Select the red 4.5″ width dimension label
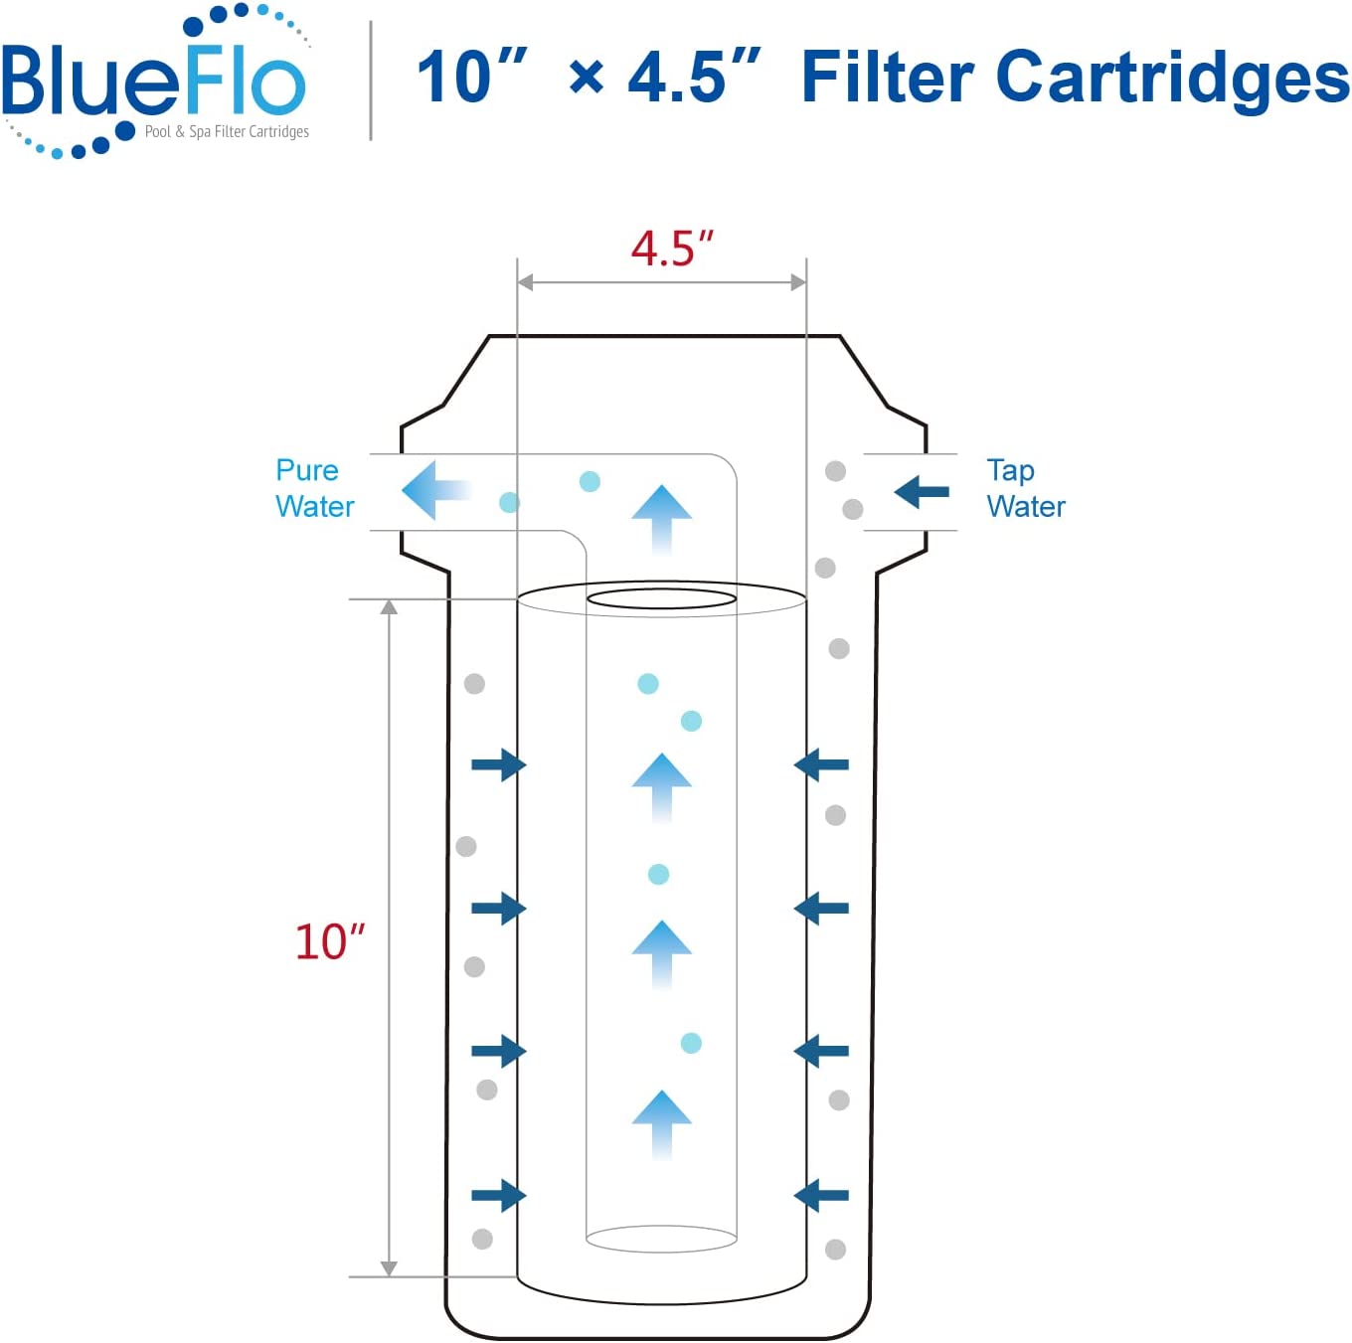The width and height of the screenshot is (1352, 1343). click(671, 249)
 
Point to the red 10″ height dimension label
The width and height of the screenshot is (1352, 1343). click(329, 941)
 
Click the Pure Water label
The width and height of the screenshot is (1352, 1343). click(314, 488)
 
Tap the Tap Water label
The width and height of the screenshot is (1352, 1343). click(1025, 488)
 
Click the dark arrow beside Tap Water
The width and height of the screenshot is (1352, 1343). click(922, 492)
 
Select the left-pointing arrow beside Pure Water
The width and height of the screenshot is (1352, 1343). click(435, 490)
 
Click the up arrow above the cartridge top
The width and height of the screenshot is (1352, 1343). click(662, 520)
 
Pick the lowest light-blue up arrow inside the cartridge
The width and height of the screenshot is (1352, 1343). click(662, 1124)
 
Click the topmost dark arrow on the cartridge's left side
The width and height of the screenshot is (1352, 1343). click(499, 764)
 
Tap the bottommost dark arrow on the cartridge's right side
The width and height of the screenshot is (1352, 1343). click(821, 1195)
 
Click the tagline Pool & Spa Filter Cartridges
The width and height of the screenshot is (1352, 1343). click(227, 132)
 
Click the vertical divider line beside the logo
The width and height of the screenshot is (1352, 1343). click(371, 81)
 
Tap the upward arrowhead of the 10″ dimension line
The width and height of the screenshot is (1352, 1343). click(389, 606)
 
